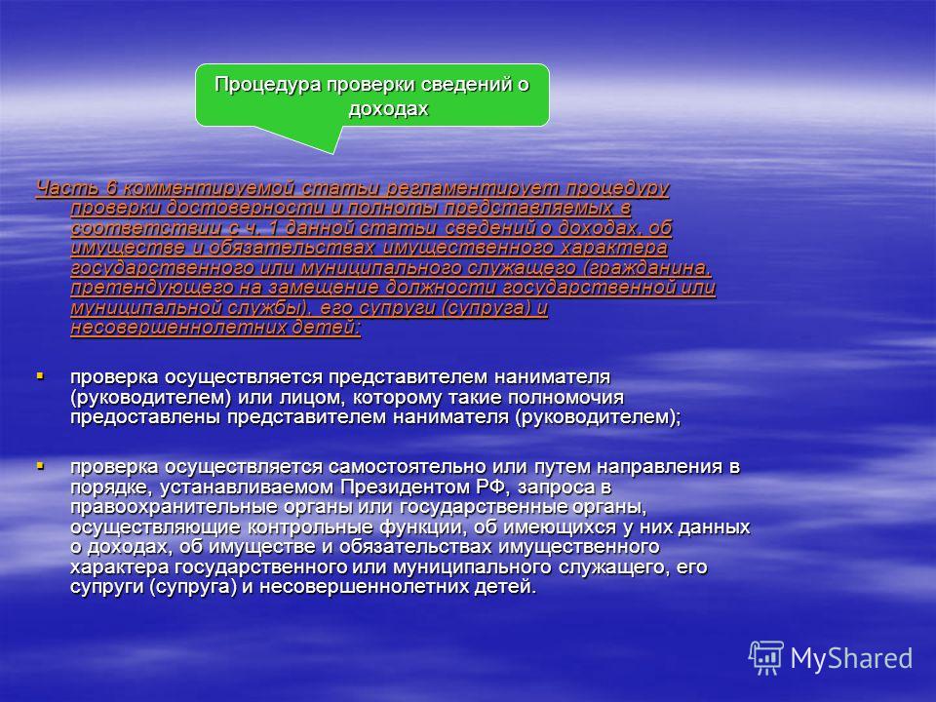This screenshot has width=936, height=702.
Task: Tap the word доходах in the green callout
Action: [x=389, y=108]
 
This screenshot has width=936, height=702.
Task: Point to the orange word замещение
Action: [x=323, y=288]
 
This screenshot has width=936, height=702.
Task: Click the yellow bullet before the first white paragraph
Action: [x=40, y=376]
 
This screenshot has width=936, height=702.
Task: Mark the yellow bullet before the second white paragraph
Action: [x=40, y=466]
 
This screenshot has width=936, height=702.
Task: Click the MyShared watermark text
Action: [x=851, y=658]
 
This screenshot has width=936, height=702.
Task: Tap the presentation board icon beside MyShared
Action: [x=766, y=658]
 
